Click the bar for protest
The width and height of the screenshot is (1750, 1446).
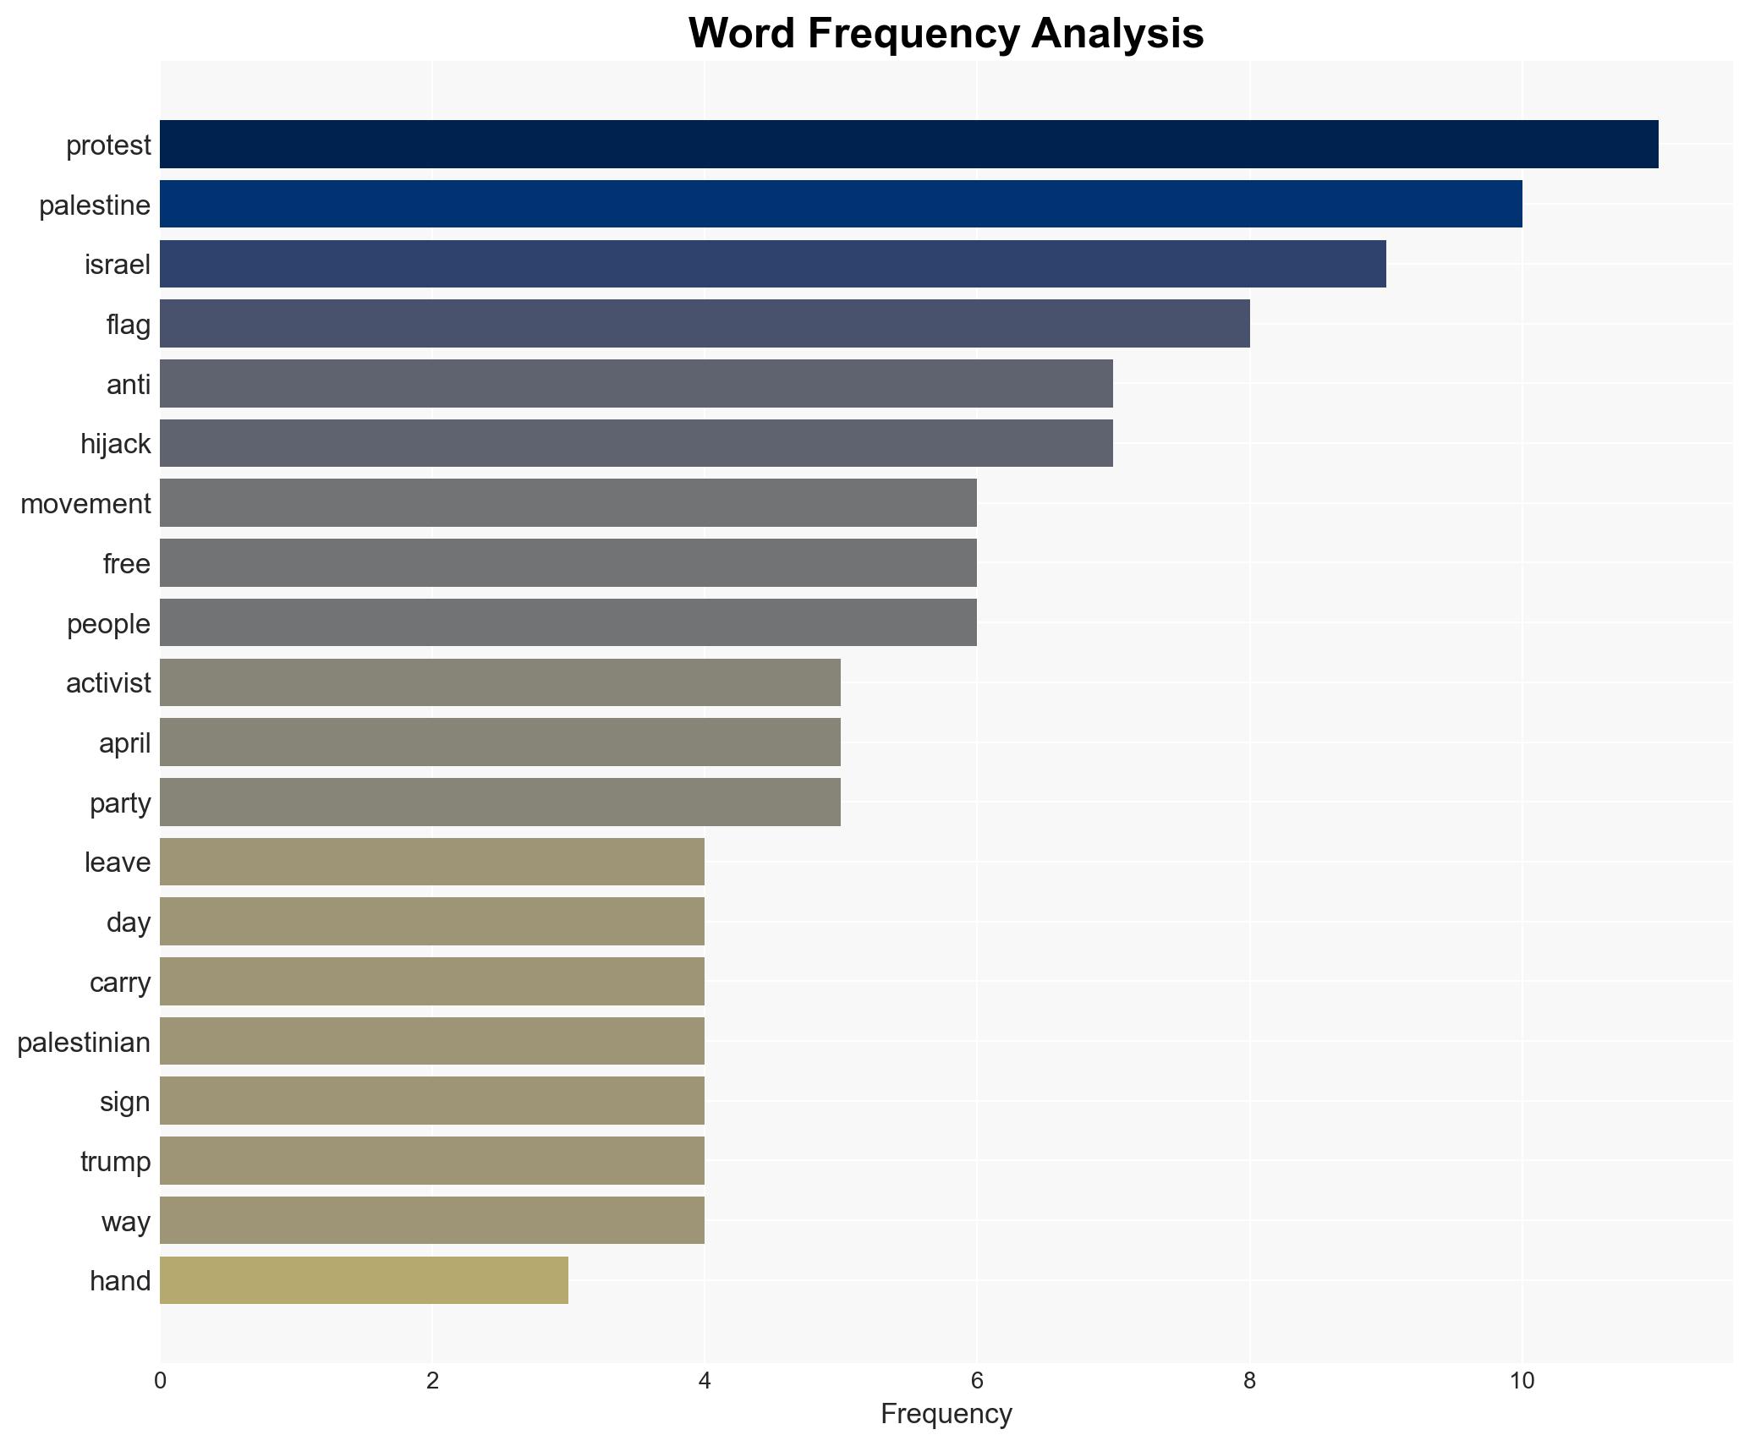(x=908, y=145)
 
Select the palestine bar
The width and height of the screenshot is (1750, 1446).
(x=841, y=204)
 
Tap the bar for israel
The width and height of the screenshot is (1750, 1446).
(x=772, y=264)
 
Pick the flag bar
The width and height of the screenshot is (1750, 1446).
(x=705, y=324)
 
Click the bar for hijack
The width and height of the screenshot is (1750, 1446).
(x=636, y=443)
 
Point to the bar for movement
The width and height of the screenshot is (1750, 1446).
(x=568, y=503)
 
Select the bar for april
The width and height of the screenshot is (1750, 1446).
(x=500, y=742)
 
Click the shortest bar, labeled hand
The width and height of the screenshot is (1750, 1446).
(x=364, y=1280)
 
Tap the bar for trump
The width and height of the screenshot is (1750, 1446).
(x=432, y=1161)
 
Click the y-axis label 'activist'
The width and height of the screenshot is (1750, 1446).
(x=108, y=683)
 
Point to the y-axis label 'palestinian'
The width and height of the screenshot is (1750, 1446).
(x=84, y=1043)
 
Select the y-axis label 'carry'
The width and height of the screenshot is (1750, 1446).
(x=120, y=983)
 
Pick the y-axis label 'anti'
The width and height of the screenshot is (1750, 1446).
(x=129, y=385)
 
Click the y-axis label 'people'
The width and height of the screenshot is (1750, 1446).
(x=108, y=624)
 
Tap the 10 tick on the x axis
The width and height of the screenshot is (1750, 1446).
(x=1522, y=1382)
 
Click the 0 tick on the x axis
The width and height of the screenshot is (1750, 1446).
(x=160, y=1382)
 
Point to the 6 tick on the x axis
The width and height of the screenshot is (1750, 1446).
(x=977, y=1382)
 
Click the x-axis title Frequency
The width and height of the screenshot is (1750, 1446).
(x=946, y=1414)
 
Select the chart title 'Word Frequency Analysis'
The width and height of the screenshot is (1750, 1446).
(x=946, y=34)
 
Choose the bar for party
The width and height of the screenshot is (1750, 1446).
(x=500, y=802)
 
